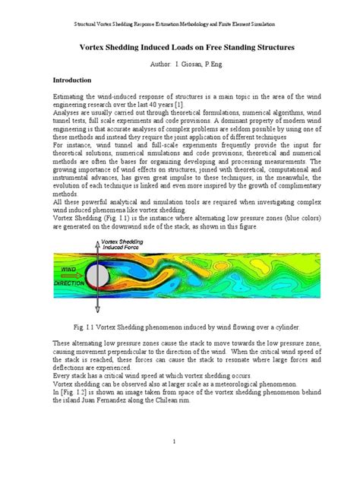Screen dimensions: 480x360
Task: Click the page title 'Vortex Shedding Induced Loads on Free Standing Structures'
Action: (180, 46)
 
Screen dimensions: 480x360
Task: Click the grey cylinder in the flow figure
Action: (98, 276)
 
